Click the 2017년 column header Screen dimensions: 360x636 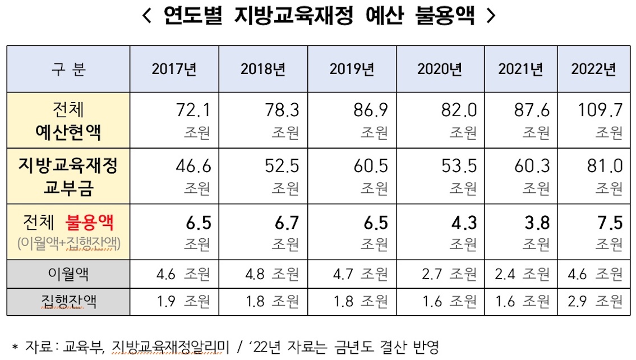point(174,70)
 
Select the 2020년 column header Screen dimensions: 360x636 point(440,70)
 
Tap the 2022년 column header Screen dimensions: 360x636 point(593,70)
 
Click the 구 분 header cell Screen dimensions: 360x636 point(68,70)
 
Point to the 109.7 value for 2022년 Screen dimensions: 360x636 point(600,110)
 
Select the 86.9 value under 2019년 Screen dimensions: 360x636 point(371,110)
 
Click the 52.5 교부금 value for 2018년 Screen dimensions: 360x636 point(282,166)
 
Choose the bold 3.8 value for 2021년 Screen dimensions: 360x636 point(537,223)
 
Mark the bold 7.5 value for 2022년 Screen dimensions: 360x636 point(610,223)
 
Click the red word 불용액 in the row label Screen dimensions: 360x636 point(89,223)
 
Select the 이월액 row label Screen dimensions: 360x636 point(68,274)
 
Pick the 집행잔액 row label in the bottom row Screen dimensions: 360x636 point(68,302)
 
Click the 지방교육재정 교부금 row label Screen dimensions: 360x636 point(68,176)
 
